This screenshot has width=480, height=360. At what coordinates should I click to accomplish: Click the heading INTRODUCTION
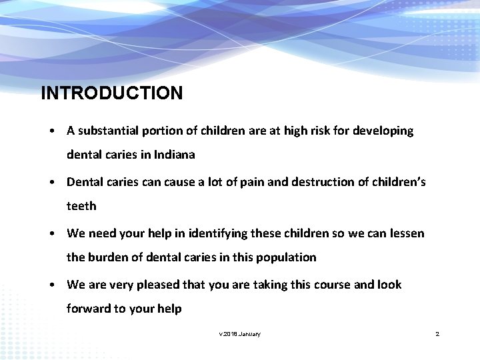[x=111, y=93]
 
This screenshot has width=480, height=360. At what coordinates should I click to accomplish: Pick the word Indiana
[x=175, y=155]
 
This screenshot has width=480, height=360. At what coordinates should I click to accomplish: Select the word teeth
[x=81, y=206]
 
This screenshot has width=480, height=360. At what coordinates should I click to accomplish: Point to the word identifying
[x=217, y=233]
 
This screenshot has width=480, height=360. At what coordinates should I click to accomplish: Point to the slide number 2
[x=437, y=333]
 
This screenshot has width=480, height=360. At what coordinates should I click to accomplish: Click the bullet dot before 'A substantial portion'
[x=51, y=131]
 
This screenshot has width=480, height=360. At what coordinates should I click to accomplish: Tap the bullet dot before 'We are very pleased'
[x=51, y=285]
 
